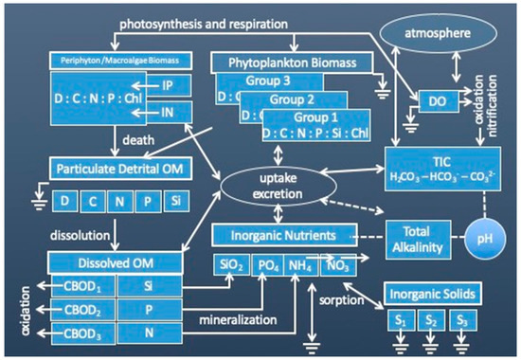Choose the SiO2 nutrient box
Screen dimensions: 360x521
click(230, 267)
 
